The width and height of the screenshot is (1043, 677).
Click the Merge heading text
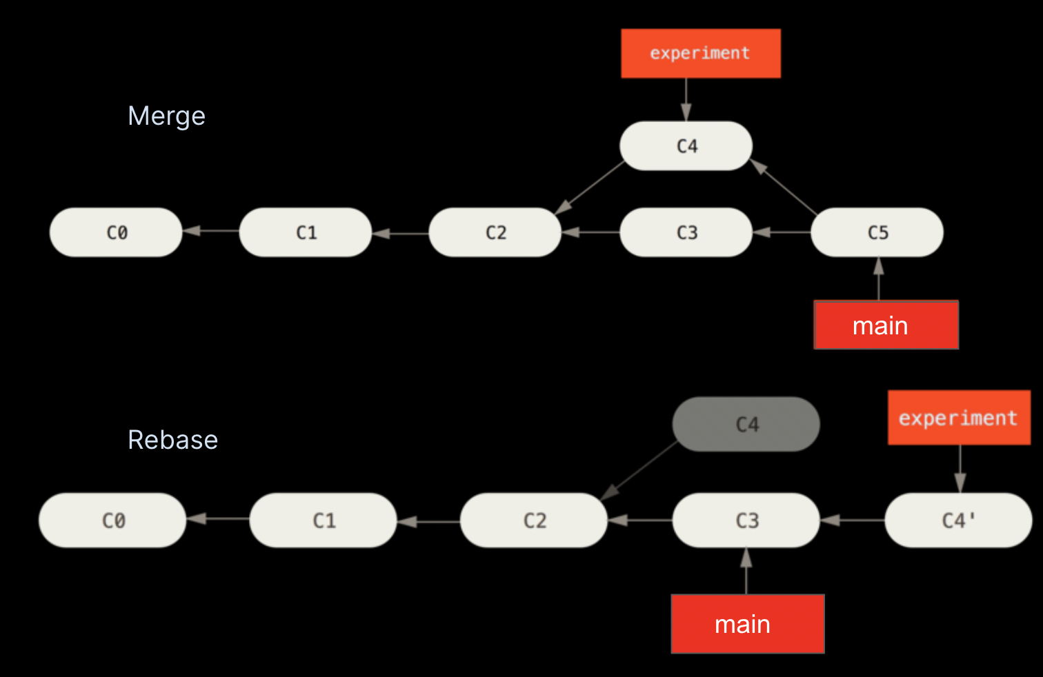tap(166, 116)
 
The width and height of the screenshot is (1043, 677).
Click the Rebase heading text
tap(172, 440)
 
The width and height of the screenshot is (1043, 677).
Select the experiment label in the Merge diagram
tap(700, 53)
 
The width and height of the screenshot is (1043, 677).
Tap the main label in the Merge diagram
tap(886, 325)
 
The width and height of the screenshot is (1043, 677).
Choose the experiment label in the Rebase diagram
tap(958, 418)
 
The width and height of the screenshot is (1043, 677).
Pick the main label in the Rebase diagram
tap(747, 623)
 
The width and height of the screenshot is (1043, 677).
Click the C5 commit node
tap(877, 232)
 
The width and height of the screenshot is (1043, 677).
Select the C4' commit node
tap(957, 520)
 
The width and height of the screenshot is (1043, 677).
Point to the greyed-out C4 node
tap(746, 424)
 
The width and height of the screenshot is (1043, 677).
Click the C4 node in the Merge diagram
tap(686, 145)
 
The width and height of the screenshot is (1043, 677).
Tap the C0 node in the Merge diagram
tap(116, 232)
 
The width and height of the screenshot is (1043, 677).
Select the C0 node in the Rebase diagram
tap(112, 520)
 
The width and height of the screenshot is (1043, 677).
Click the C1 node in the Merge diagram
tap(306, 232)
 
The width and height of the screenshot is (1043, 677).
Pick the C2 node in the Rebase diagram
tap(534, 520)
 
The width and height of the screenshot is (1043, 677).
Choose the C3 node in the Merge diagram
tap(686, 232)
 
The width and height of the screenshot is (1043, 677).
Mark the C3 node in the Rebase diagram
tap(746, 520)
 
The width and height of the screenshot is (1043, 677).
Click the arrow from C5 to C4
tap(784, 188)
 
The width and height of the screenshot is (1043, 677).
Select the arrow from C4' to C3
tap(853, 520)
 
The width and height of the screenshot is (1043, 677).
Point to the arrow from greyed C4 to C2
tap(640, 470)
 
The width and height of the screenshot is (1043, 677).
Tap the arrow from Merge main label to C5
tap(878, 279)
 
